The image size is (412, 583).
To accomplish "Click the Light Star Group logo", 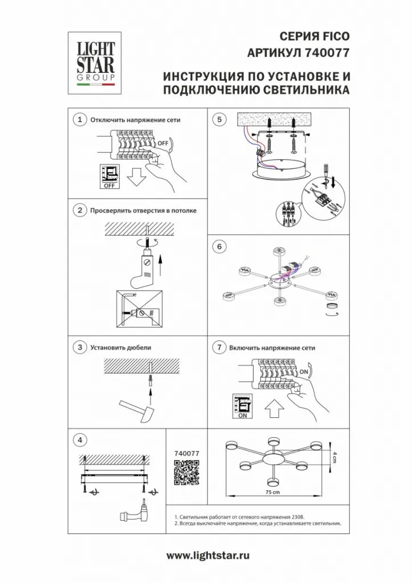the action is point(96,63).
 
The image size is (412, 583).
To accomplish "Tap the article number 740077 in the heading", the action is point(327,53).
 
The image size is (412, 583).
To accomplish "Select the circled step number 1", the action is point(79,120).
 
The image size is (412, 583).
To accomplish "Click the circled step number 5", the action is point(219,120).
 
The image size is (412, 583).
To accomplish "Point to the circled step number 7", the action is point(219,348).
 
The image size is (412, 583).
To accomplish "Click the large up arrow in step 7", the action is point(274,409).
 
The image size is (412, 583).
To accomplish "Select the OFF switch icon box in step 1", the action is point(109,176).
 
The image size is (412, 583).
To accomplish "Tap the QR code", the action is point(187,472).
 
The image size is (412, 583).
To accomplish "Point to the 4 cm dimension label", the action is point(334,457).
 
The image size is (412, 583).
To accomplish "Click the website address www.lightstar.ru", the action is point(208,556).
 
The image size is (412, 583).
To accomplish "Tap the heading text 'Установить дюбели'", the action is point(121,348).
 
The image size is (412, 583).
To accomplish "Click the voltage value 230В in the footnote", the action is point(299,517).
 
